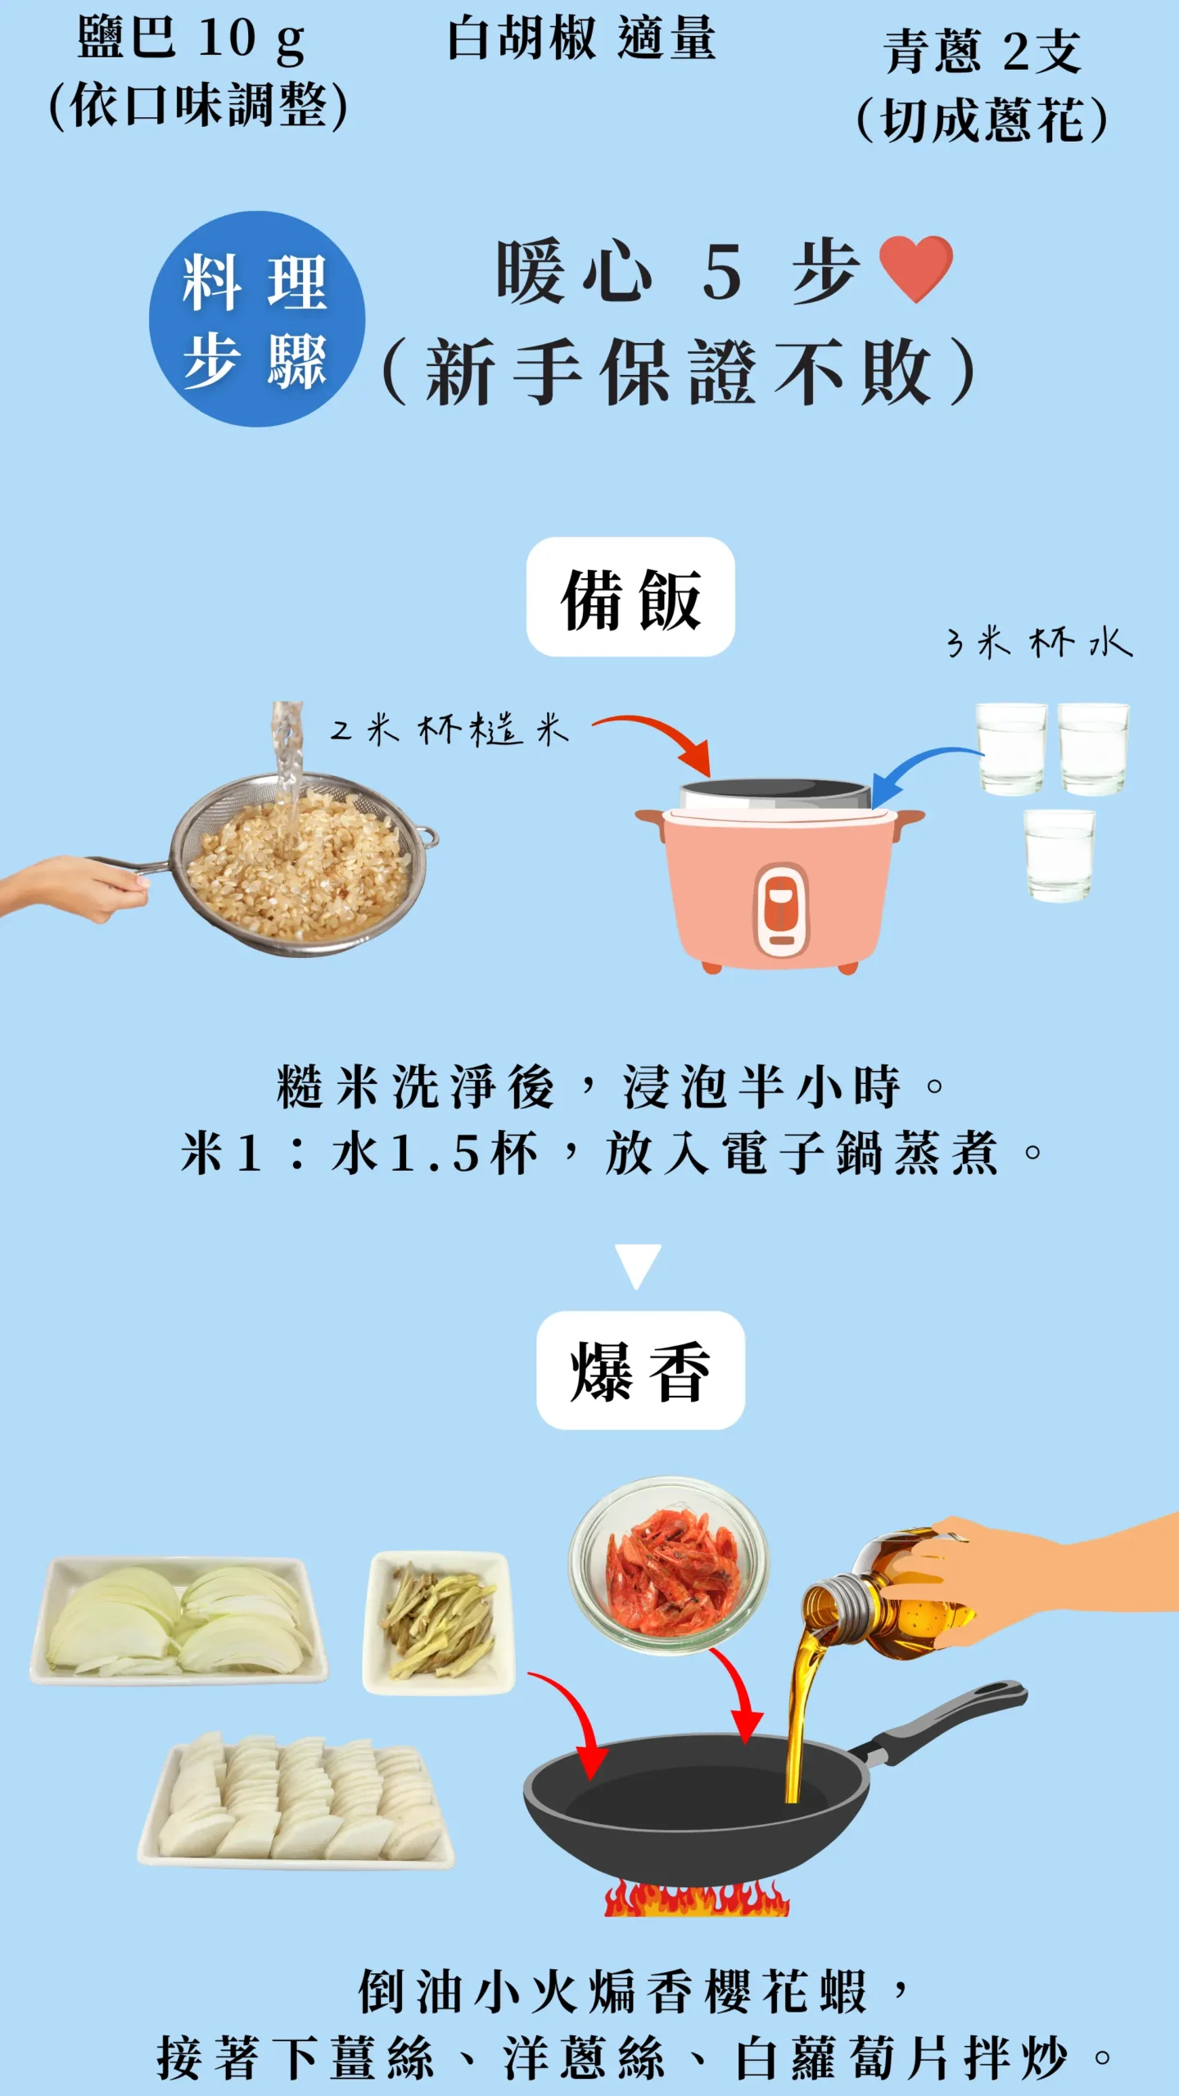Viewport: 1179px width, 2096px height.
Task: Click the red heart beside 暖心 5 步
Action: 915,268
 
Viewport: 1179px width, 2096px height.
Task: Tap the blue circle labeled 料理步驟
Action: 256,319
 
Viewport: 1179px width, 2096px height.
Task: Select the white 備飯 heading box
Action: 630,597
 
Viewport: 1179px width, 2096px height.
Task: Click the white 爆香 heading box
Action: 640,1370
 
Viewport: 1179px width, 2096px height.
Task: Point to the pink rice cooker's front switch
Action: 781,909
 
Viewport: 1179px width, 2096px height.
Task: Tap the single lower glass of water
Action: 1059,855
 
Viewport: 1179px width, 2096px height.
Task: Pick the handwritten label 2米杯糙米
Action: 449,728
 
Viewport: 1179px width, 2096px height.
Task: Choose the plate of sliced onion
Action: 178,1619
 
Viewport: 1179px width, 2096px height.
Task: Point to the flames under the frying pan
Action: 696,1899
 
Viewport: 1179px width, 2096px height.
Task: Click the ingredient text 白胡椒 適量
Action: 581,39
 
